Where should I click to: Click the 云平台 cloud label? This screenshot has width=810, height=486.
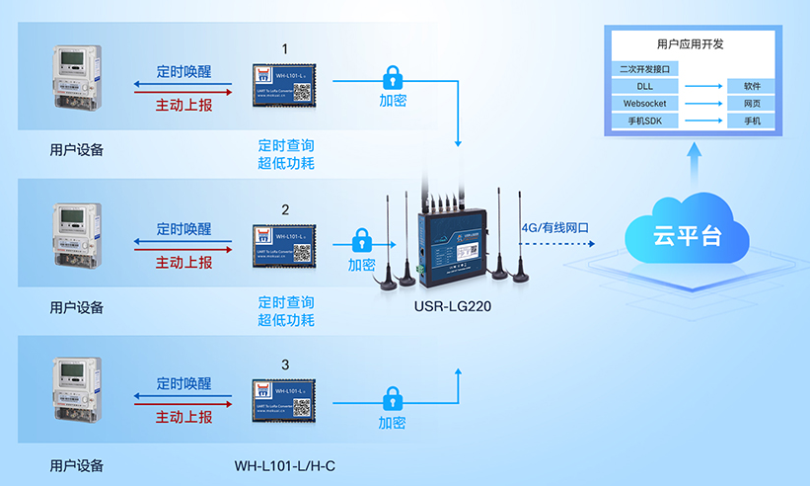point(688,237)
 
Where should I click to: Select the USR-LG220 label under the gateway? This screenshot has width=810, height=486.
point(453,307)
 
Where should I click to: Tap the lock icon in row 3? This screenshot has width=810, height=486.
point(393,400)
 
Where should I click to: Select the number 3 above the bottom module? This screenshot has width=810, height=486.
point(285,365)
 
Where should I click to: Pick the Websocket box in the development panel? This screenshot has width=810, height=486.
point(645,104)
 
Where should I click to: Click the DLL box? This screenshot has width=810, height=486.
point(645,86)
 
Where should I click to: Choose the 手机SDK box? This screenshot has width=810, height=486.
point(645,121)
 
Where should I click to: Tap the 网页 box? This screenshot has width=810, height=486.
point(752,104)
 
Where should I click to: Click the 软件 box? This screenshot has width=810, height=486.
point(752,86)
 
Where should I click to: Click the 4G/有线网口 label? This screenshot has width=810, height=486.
point(554,228)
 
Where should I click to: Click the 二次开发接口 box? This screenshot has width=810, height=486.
point(645,69)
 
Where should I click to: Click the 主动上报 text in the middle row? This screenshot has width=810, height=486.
point(184,263)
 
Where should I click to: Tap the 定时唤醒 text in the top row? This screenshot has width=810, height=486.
point(184,72)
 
